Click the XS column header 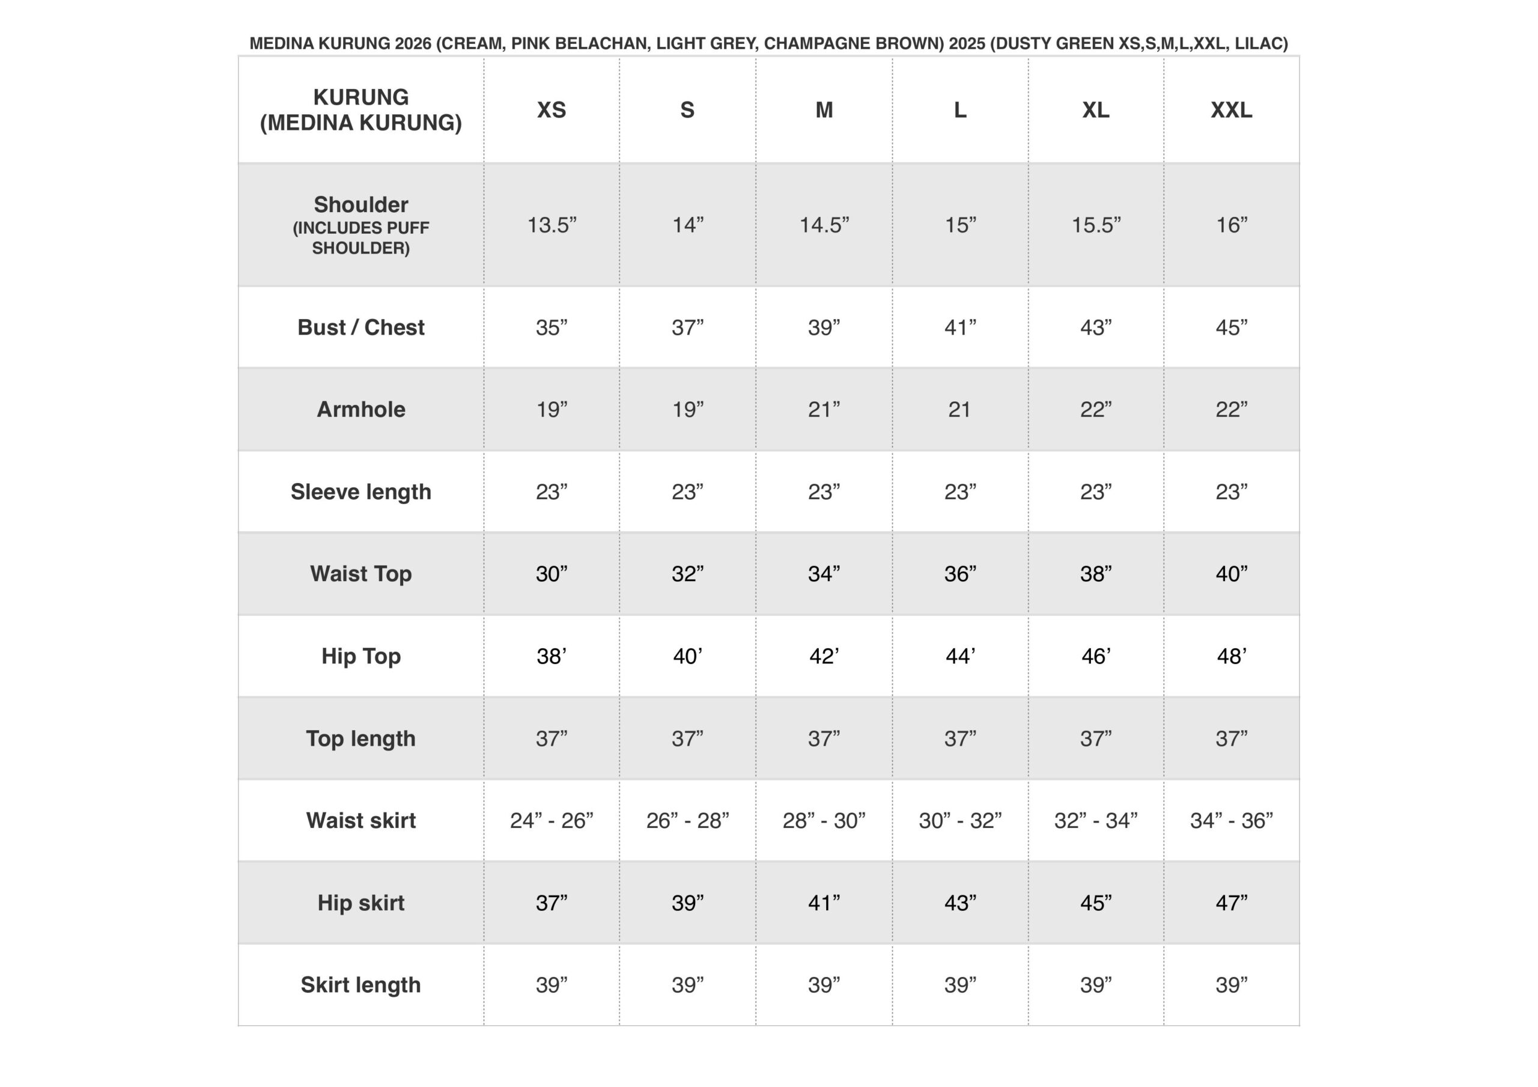click(x=552, y=110)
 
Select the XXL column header click(x=1231, y=110)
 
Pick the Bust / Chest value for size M click(x=823, y=327)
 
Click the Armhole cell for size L click(x=959, y=409)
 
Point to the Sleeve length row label click(x=360, y=492)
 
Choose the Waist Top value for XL click(x=1095, y=574)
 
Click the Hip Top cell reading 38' click(x=552, y=656)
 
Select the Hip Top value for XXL click(x=1231, y=656)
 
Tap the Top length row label click(x=360, y=738)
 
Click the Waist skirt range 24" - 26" click(x=552, y=820)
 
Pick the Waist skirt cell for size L click(x=959, y=820)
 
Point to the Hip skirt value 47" click(x=1231, y=903)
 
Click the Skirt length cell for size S click(x=687, y=985)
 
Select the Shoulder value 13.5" click(x=552, y=225)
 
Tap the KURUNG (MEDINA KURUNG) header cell click(x=360, y=110)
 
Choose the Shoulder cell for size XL click(x=1095, y=225)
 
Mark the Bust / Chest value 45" click(x=1231, y=327)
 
